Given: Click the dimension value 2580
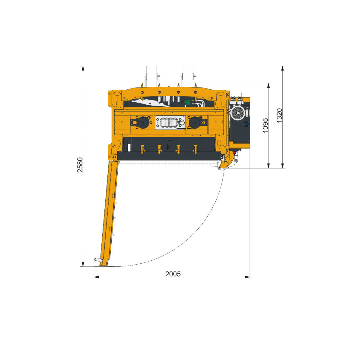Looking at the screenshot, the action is (x=80, y=165).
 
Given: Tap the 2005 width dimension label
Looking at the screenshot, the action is (x=173, y=274).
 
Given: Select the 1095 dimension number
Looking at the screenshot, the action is (x=265, y=125).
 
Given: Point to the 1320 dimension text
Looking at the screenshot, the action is (x=279, y=115).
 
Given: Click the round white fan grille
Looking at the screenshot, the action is (x=237, y=113).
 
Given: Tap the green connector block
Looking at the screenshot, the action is (x=187, y=102).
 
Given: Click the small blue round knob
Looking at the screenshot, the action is (x=246, y=124).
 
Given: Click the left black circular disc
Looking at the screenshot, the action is (x=143, y=123).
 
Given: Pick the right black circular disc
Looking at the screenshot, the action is (x=195, y=123).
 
